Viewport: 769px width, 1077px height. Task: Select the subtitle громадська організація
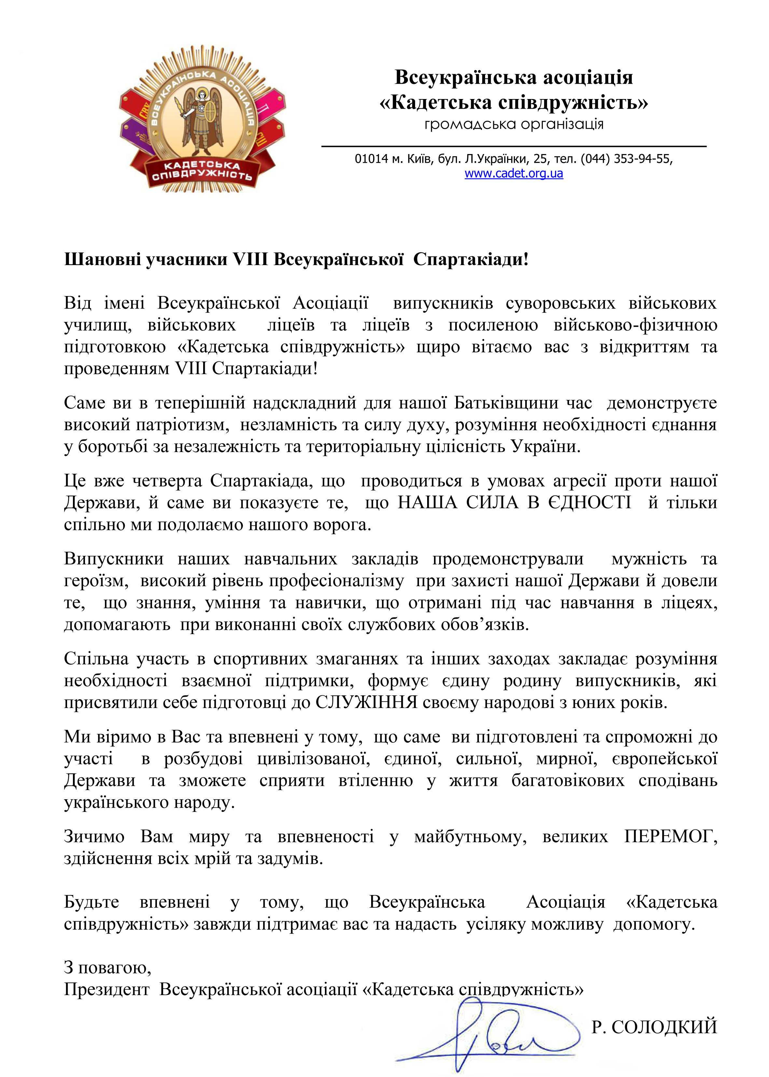coord(514,124)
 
